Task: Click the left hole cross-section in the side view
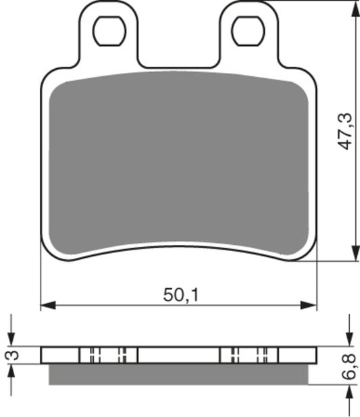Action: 108,355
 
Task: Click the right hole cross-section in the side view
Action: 249,355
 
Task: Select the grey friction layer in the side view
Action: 179,374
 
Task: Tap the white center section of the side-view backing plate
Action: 179,355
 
